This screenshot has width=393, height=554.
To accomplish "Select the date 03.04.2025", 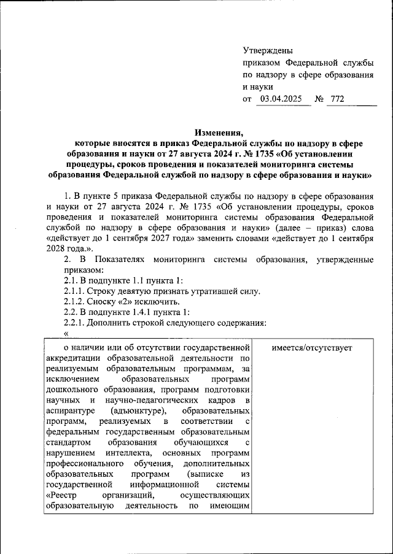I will pyautogui.click(x=282, y=98).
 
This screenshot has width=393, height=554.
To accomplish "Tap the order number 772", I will pyautogui.click(x=337, y=98).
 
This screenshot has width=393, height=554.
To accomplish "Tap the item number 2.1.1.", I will pyautogui.click(x=77, y=291).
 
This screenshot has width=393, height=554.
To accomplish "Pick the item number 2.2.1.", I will pyautogui.click(x=77, y=323).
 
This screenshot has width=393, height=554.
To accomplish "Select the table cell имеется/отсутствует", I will pyautogui.click(x=311, y=347).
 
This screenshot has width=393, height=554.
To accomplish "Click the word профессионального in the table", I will pyautogui.click(x=83, y=463).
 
